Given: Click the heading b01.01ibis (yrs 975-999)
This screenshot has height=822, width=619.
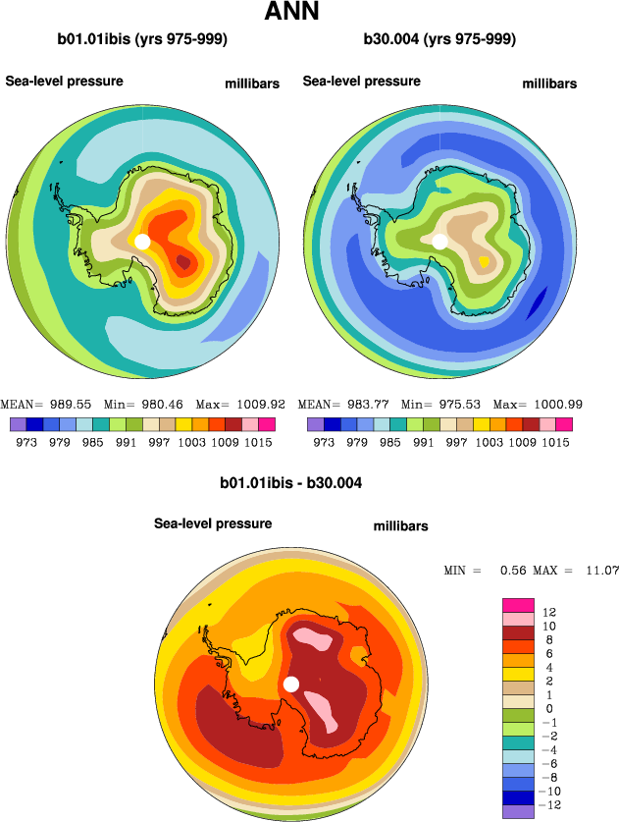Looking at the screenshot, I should (x=143, y=40).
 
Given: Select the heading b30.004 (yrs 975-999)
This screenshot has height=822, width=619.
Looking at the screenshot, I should (x=439, y=40).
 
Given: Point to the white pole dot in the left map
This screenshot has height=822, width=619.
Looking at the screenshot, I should (x=142, y=241).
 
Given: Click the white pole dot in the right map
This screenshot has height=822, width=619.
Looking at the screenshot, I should (x=439, y=241).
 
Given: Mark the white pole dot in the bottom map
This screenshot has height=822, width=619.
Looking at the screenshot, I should (x=290, y=684).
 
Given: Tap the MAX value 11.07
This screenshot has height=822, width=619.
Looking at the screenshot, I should (x=599, y=571).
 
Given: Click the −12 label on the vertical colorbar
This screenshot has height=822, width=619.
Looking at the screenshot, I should (x=551, y=804).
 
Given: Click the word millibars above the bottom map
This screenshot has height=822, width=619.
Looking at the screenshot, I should (x=400, y=527).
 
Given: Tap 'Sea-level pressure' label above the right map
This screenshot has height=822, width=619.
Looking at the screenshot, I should (x=362, y=81).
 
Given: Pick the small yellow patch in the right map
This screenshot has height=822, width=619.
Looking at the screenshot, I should (x=484, y=262).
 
